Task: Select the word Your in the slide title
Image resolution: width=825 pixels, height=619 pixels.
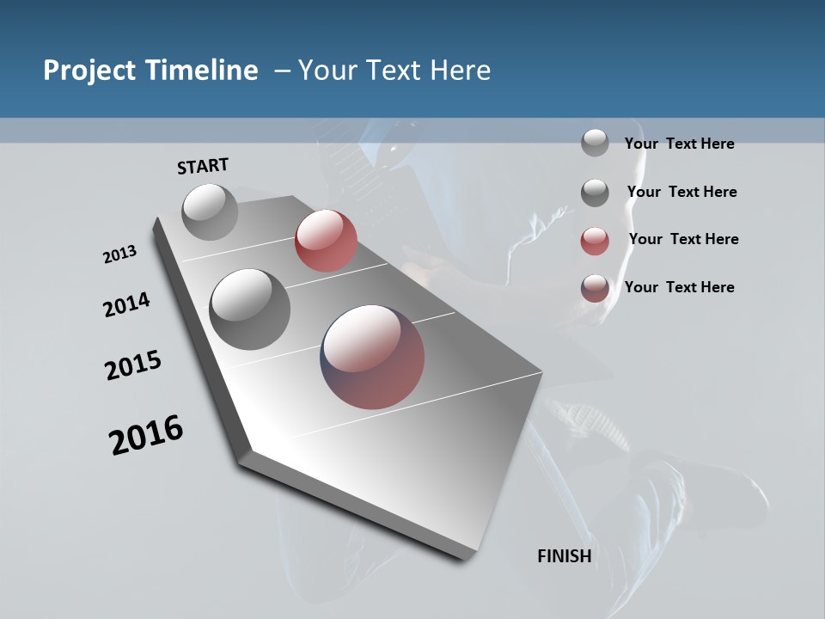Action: [327, 70]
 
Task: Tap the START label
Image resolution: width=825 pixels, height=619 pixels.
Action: [203, 166]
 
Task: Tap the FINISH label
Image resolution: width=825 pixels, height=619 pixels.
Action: [564, 556]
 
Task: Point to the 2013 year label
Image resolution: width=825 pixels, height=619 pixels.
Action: [119, 254]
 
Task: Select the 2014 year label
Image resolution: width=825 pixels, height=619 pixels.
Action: [126, 304]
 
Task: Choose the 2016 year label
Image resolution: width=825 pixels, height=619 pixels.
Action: [146, 435]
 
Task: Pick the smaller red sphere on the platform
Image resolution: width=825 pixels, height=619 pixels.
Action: [326, 241]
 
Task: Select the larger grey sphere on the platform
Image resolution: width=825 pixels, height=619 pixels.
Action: [250, 309]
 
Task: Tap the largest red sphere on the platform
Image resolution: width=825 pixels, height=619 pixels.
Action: [372, 357]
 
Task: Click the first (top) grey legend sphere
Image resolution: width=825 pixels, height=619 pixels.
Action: [595, 143]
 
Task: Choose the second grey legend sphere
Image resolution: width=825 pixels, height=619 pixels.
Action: [595, 193]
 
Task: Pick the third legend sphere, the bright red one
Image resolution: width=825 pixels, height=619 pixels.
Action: [595, 241]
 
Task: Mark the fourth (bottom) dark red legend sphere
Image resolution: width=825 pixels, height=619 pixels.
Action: [595, 288]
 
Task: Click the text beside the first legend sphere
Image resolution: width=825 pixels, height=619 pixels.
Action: [679, 144]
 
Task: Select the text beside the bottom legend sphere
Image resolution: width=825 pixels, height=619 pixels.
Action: [679, 287]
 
